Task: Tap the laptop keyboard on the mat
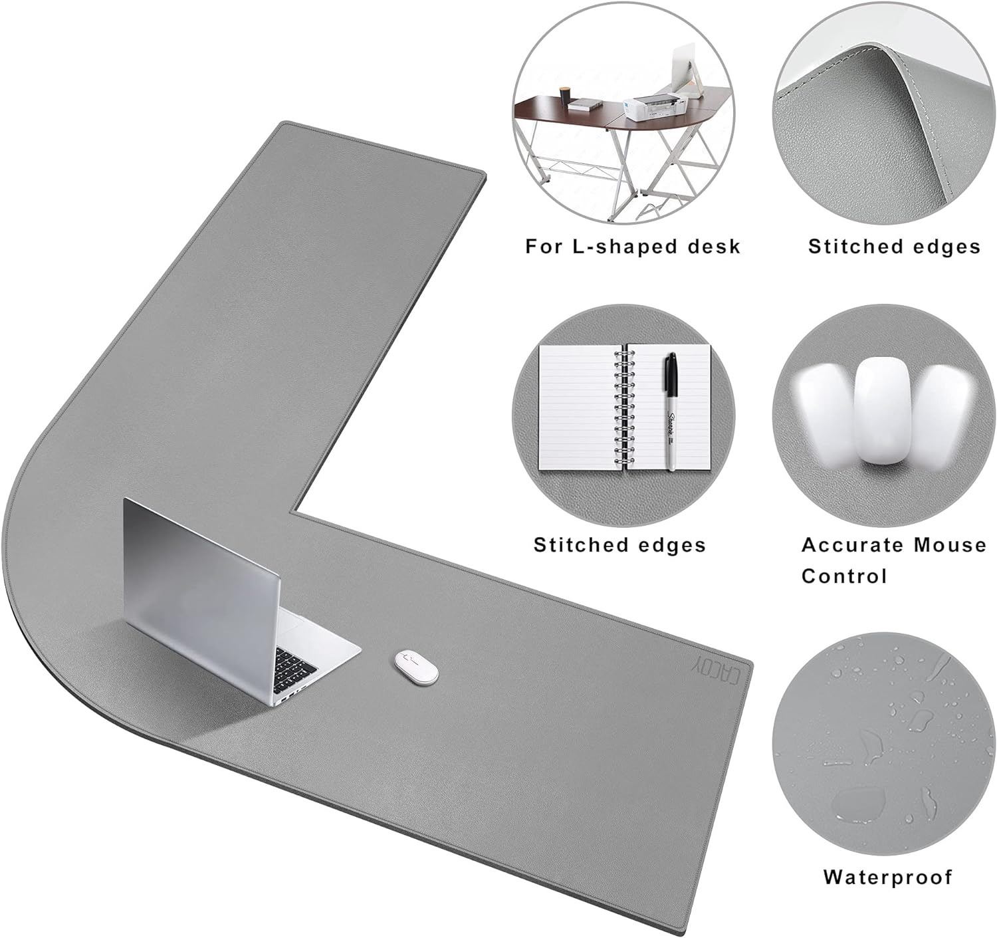tap(295, 668)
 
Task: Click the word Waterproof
tap(887, 877)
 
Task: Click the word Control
tap(844, 576)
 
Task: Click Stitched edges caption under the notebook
tap(619, 545)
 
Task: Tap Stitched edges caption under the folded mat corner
tap(894, 247)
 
